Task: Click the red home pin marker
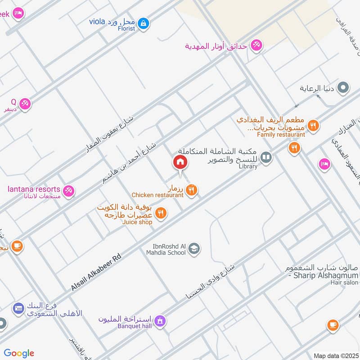[180, 162]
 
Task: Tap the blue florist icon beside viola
[143, 23]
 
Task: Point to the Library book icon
[266, 157]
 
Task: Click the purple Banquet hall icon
[159, 321]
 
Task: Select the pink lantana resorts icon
[68, 191]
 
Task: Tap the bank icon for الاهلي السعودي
[18, 308]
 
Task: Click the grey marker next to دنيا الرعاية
[343, 88]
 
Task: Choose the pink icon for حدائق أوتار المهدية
[256, 46]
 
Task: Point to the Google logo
[19, 353]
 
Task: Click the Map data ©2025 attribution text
[335, 355]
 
